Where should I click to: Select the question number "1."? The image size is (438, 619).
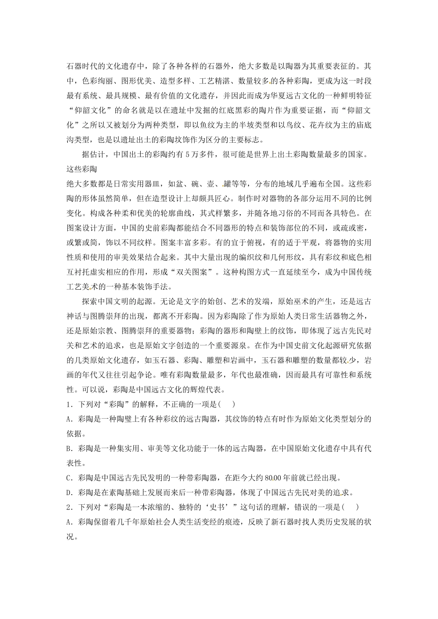(x=70, y=404)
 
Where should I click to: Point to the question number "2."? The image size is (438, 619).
(x=70, y=507)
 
